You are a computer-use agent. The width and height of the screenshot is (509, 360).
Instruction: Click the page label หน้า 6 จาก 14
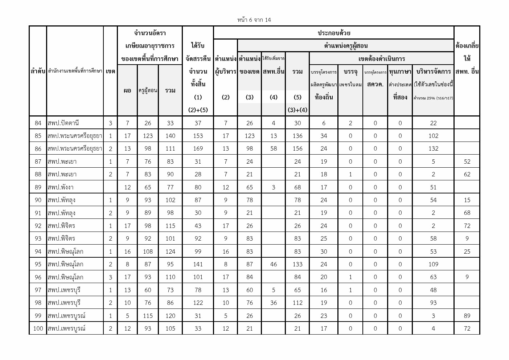click(254, 20)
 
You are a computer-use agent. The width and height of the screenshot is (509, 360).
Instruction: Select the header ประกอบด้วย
click(334, 33)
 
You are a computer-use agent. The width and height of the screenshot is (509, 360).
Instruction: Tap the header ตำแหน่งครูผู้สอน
click(345, 46)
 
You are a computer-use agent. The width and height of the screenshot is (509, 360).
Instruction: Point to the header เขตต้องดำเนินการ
click(381, 59)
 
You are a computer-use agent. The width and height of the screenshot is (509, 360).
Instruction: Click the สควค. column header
click(375, 85)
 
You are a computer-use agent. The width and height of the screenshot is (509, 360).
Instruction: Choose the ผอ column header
click(127, 90)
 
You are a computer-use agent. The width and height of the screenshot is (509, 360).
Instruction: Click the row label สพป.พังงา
click(61, 187)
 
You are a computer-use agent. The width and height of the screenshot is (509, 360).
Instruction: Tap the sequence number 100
click(38, 328)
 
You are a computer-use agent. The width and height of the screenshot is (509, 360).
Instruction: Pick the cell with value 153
click(198, 136)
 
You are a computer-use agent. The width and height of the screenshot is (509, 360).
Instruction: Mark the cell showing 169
click(198, 148)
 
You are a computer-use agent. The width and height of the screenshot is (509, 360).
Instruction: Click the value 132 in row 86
click(433, 148)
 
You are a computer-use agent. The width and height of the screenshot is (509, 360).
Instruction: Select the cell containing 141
click(198, 264)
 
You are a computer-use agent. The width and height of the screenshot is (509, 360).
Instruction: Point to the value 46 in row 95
click(274, 264)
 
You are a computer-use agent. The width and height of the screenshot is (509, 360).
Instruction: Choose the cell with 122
click(198, 303)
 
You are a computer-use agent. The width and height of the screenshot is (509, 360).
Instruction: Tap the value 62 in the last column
click(467, 174)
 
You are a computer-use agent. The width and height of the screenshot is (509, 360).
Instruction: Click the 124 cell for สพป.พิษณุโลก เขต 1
click(170, 251)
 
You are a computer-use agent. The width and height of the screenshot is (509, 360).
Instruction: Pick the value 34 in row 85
click(324, 136)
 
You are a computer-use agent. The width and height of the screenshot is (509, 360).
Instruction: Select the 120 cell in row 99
click(170, 316)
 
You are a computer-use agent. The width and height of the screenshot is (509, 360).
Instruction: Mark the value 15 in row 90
click(467, 200)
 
